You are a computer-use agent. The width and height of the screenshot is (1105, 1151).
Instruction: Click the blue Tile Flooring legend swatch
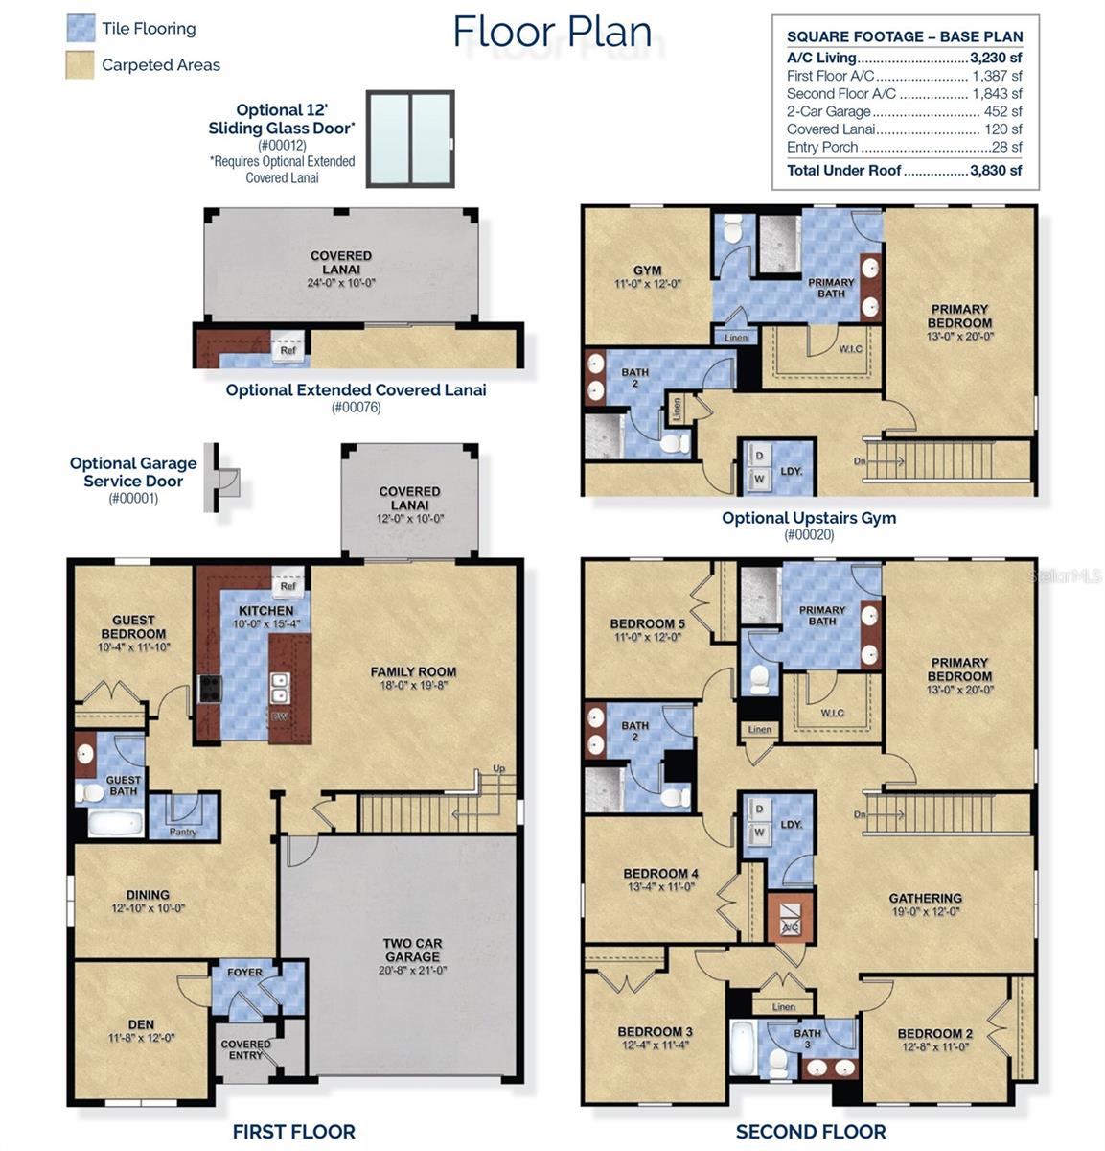tap(81, 28)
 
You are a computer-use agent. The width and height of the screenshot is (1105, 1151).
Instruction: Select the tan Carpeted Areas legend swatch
tap(81, 64)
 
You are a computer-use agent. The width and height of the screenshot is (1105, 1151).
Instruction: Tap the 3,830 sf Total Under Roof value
tap(996, 170)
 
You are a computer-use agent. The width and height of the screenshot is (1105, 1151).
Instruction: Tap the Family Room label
tap(413, 678)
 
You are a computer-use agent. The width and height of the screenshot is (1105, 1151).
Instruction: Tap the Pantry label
tap(183, 832)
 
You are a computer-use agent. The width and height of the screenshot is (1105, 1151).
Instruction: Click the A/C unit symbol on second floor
tap(791, 920)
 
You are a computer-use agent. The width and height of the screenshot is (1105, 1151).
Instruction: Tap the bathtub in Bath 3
tap(743, 1049)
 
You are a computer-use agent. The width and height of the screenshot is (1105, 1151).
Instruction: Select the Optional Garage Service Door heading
tap(133, 472)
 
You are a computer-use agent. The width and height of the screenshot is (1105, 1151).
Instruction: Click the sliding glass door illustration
tap(410, 140)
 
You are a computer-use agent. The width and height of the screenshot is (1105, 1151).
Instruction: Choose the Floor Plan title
tap(552, 31)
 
